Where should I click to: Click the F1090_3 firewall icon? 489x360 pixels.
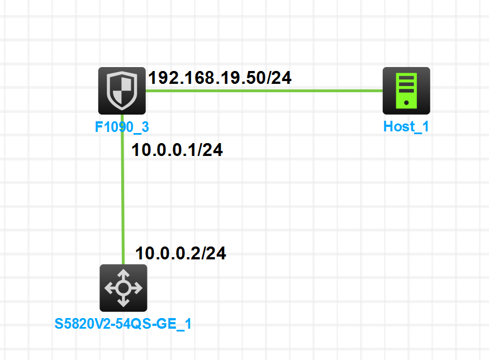coord(122,91)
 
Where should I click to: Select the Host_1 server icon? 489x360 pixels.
coord(406,91)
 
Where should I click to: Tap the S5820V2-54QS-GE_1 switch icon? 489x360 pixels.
coord(123,288)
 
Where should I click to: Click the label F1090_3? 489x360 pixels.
coord(122,127)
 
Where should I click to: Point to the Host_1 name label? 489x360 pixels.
coord(406,126)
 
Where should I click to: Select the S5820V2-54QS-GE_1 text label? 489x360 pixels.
coord(123,324)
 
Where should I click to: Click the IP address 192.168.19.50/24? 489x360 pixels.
coord(220,78)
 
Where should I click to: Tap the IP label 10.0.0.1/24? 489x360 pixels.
coord(177,150)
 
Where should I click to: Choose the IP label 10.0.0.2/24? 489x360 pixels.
coord(181,253)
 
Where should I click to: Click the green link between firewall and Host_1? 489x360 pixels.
coord(263,91)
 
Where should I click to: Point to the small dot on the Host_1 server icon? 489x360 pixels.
coord(406,102)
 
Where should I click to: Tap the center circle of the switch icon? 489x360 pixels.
coord(123,288)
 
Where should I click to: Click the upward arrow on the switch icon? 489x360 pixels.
coord(123,276)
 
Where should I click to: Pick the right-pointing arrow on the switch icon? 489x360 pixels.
coord(136,288)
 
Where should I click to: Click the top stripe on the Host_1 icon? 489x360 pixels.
coord(406,77)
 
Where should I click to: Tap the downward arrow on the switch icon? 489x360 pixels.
coord(123,302)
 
